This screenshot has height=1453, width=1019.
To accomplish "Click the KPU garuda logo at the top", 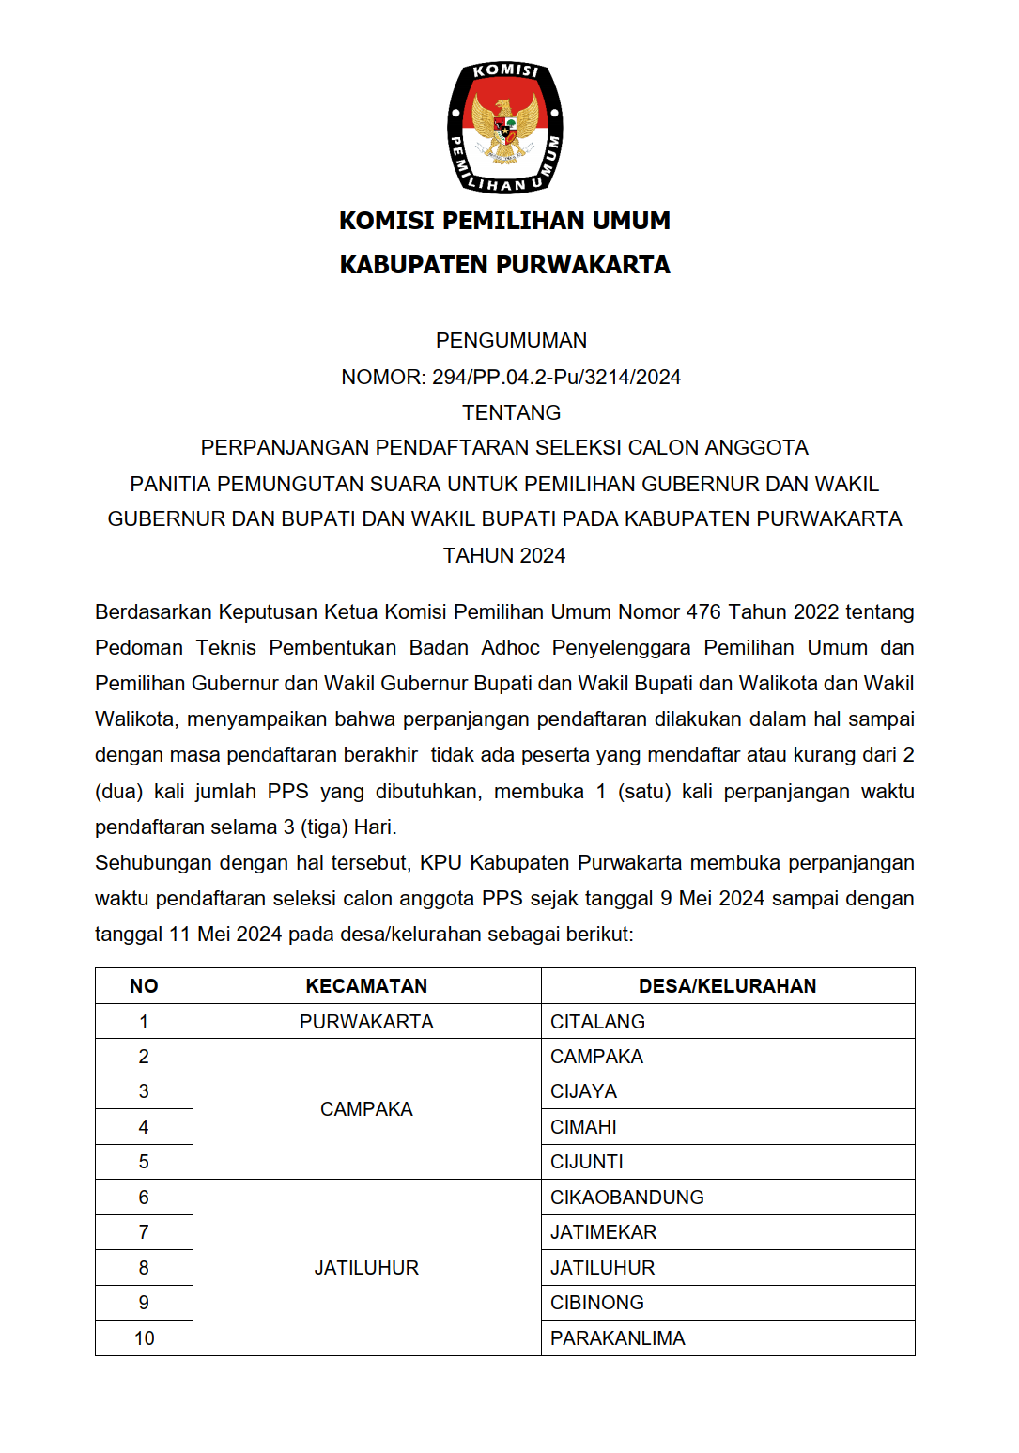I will coord(505,128).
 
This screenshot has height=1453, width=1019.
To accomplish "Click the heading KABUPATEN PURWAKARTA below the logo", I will coord(505,265).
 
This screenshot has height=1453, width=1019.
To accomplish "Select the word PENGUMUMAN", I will coord(511,340).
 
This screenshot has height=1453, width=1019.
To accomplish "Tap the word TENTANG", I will coord(511,412).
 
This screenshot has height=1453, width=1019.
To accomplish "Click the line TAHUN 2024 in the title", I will coord(504,555).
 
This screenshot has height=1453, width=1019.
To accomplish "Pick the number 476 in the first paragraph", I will coord(703,611).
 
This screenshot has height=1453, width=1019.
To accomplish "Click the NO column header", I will coord(144,986).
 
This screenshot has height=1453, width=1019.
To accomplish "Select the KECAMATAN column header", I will coord(366,986).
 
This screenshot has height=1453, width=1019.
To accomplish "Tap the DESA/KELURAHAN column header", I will coord(727,986).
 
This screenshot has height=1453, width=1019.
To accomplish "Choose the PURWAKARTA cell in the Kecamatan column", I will coord(366,1022).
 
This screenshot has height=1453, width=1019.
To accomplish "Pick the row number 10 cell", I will coord(144,1338).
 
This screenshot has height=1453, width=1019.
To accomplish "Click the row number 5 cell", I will coord(144,1162).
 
